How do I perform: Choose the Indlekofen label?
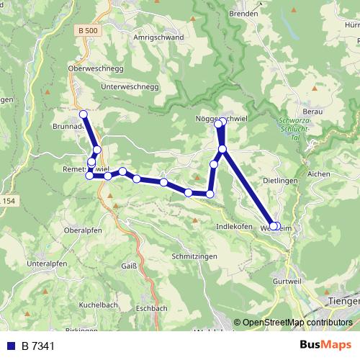pyautogui.click(x=235, y=226)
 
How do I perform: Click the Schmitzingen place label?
pyautogui.click(x=194, y=256)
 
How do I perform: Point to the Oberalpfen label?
pyautogui.click(x=82, y=230)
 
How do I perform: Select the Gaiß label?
pyautogui.click(x=129, y=266)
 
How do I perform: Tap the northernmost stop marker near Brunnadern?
pyautogui.click(x=84, y=114)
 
